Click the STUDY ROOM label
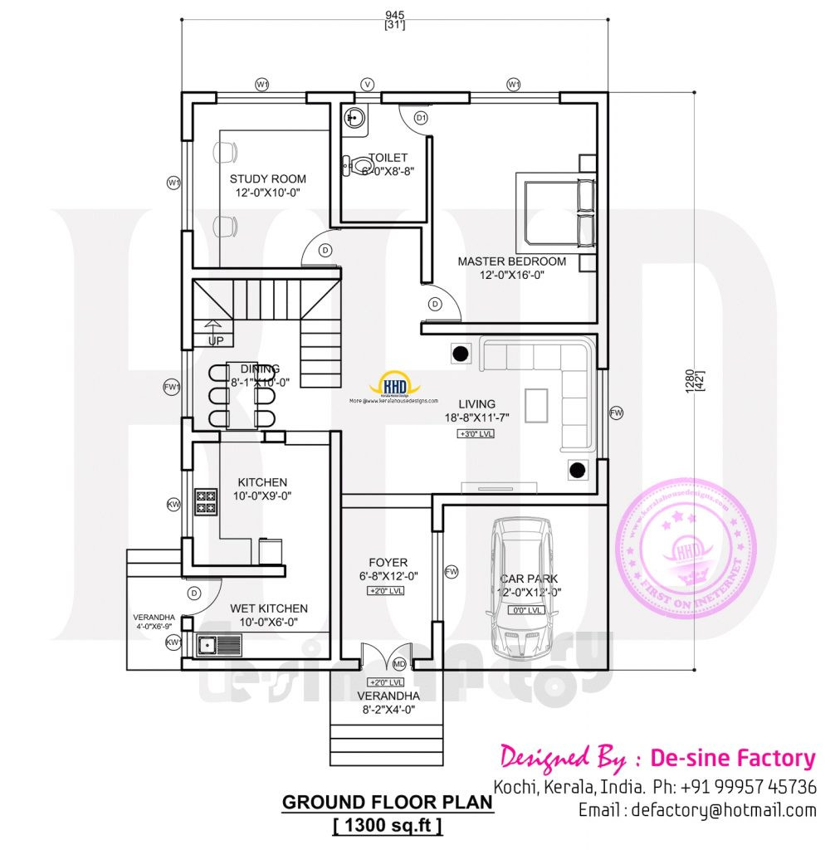pyautogui.click(x=267, y=178)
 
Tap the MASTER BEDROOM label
pyautogui.click(x=511, y=261)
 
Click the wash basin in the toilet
pyautogui.click(x=355, y=120)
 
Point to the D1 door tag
pyautogui.click(x=421, y=119)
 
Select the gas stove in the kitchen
pyautogui.click(x=206, y=501)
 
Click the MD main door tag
pyautogui.click(x=399, y=665)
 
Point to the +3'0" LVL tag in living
pyautogui.click(x=475, y=433)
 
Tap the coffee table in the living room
pyautogui.click(x=536, y=404)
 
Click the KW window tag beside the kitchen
pyautogui.click(x=173, y=504)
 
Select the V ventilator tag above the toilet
pyautogui.click(x=368, y=85)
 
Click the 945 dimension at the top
pyautogui.click(x=393, y=12)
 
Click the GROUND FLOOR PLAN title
pyautogui.click(x=388, y=803)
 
